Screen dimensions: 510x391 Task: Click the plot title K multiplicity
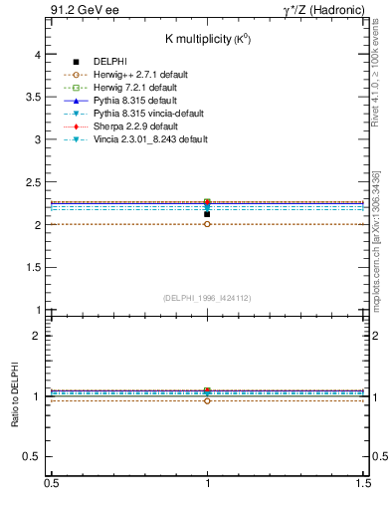click(206, 38)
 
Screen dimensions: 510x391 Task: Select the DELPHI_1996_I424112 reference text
click(206, 297)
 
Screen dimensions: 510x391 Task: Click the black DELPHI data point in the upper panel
click(207, 213)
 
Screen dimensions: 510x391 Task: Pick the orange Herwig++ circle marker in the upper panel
click(207, 224)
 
